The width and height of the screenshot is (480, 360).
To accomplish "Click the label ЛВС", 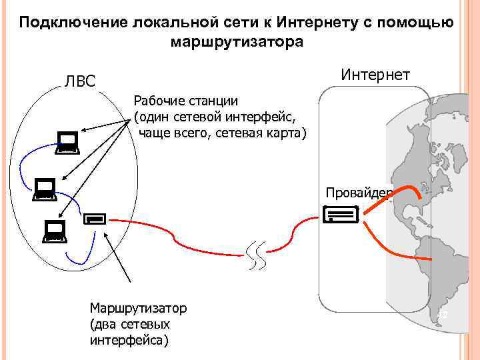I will click(80, 81).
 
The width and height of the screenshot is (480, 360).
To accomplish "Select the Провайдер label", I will click(359, 193).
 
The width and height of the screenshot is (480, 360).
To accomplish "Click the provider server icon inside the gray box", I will click(340, 214).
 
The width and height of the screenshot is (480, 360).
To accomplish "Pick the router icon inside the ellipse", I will click(95, 217).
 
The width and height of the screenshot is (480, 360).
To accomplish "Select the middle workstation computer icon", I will click(45, 189).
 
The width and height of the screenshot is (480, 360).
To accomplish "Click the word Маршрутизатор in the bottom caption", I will click(138, 309).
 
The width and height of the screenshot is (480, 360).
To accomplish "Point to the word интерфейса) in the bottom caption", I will click(129, 340).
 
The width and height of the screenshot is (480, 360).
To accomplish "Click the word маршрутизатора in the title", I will click(237, 42).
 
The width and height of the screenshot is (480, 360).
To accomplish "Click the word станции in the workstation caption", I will click(214, 101).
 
